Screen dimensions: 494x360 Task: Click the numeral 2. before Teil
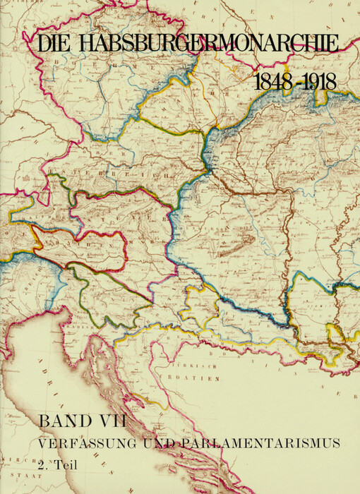click(44, 465)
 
